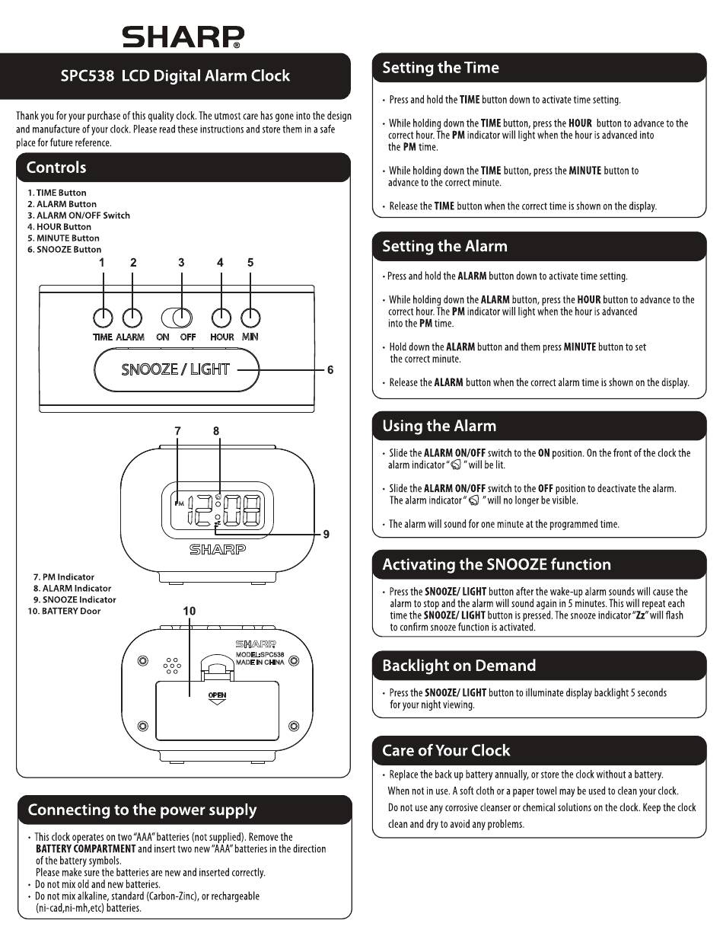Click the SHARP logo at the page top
click(183, 37)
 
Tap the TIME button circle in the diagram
click(103, 318)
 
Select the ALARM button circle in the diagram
click(132, 318)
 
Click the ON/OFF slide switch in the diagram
click(177, 318)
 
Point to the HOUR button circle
click(221, 318)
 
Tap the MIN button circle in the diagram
click(250, 318)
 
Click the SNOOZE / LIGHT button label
click(175, 369)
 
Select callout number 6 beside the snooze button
click(330, 370)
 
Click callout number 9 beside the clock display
click(326, 534)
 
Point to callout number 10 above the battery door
click(190, 611)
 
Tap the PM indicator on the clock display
click(179, 503)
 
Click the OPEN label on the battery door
click(217, 695)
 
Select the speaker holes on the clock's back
click(172, 666)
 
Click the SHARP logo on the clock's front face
click(218, 549)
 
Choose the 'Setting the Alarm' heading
click(444, 247)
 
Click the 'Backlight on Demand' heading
click(459, 666)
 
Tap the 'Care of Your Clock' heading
click(446, 750)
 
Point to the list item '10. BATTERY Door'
click(64, 611)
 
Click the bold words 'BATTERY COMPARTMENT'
click(86, 848)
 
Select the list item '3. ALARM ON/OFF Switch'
click(78, 216)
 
